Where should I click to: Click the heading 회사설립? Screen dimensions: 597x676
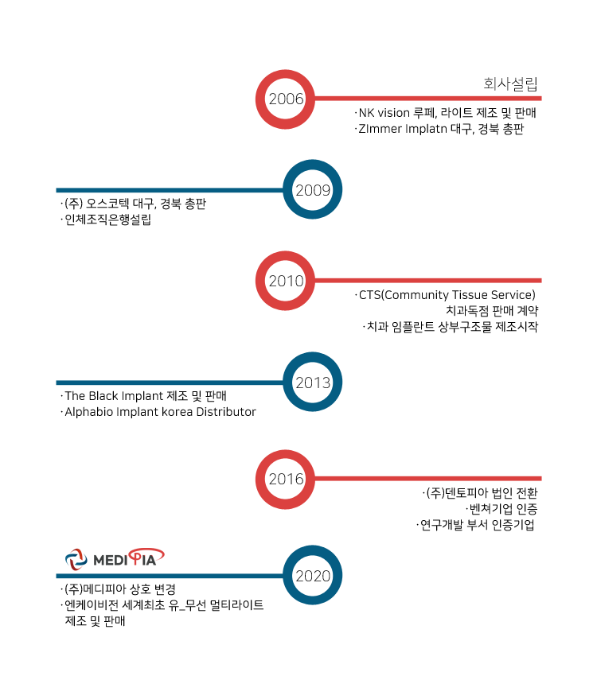(x=510, y=84)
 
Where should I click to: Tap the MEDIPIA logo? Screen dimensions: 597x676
(x=115, y=559)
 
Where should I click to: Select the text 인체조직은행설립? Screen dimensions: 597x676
(x=107, y=220)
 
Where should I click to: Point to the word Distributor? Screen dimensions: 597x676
(x=226, y=412)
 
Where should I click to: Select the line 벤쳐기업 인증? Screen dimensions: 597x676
(x=503, y=509)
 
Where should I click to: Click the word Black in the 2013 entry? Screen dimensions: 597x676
(x=103, y=396)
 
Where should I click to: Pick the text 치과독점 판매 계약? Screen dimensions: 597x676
(x=492, y=310)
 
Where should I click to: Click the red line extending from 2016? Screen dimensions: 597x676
(x=428, y=479)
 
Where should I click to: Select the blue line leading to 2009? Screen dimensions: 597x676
(x=170, y=190)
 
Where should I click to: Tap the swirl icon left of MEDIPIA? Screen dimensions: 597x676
(x=76, y=560)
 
